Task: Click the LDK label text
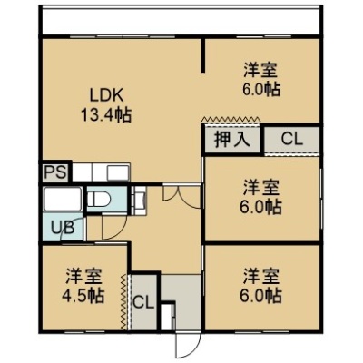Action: [107, 96]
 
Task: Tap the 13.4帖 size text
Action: [106, 115]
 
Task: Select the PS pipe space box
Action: [55, 172]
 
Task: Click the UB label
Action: [63, 228]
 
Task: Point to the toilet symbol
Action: [99, 199]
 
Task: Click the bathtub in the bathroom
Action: [63, 200]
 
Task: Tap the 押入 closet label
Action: [232, 140]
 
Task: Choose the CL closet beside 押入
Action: [292, 140]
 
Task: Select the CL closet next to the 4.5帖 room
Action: [144, 302]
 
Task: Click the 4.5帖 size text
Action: [83, 296]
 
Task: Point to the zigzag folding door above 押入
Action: [232, 118]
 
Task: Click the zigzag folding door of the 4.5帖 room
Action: [123, 302]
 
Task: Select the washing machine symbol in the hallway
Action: [140, 201]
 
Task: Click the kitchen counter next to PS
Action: [102, 172]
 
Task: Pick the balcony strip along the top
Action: [181, 21]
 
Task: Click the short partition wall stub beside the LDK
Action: [203, 55]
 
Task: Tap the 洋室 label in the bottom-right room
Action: [261, 277]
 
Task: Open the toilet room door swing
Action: [114, 228]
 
